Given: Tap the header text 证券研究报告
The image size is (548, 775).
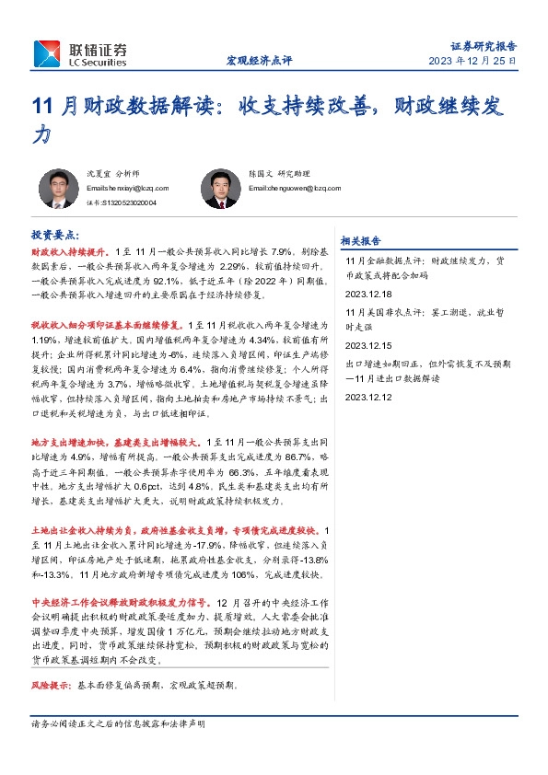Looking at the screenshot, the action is [x=484, y=44].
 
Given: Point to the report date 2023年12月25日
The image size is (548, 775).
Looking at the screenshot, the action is [x=473, y=61].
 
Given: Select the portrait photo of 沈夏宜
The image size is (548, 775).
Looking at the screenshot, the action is [x=63, y=188].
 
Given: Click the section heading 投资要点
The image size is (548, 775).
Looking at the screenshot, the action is [x=55, y=236].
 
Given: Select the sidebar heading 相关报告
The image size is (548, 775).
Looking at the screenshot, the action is [x=360, y=241].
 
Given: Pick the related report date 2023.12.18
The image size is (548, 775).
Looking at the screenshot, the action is [x=367, y=294].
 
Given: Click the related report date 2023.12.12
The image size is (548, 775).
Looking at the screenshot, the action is [x=367, y=397].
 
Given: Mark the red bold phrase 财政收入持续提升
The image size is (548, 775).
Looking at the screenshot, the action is [x=71, y=250].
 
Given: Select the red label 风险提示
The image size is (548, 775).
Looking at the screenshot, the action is [x=50, y=686].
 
